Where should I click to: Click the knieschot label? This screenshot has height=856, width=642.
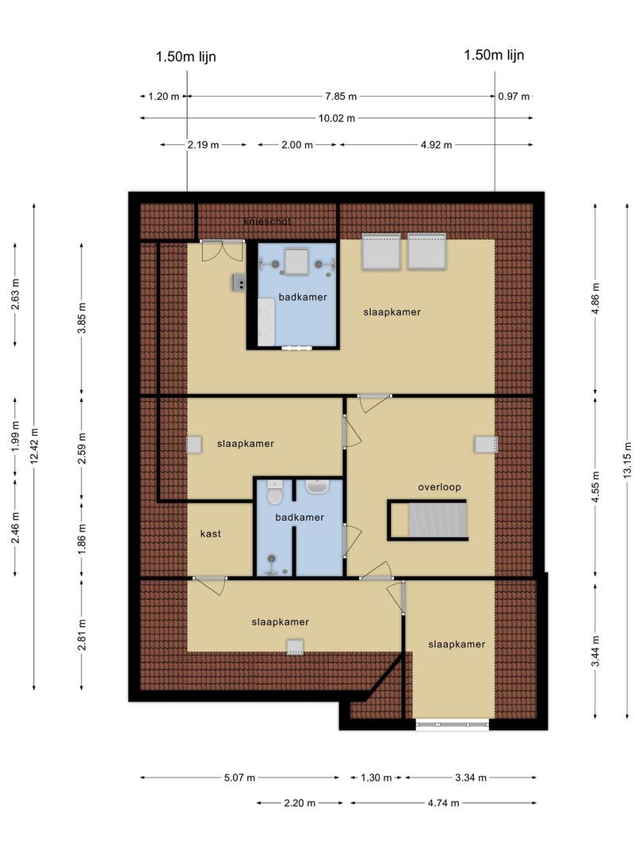coord(267,222)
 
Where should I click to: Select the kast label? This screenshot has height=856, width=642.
coord(210,534)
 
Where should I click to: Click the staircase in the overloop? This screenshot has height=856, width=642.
coord(436,521)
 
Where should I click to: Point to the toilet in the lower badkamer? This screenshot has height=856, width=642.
coord(275,495)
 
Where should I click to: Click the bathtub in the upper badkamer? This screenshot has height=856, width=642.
coord(266,323)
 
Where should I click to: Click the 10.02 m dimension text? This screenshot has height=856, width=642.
coord(336,118)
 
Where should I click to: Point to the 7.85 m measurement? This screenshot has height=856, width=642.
coord(341,96)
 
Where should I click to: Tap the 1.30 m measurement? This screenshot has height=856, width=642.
coord(376,778)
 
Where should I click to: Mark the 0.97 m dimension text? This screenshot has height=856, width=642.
coord(514,96)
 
